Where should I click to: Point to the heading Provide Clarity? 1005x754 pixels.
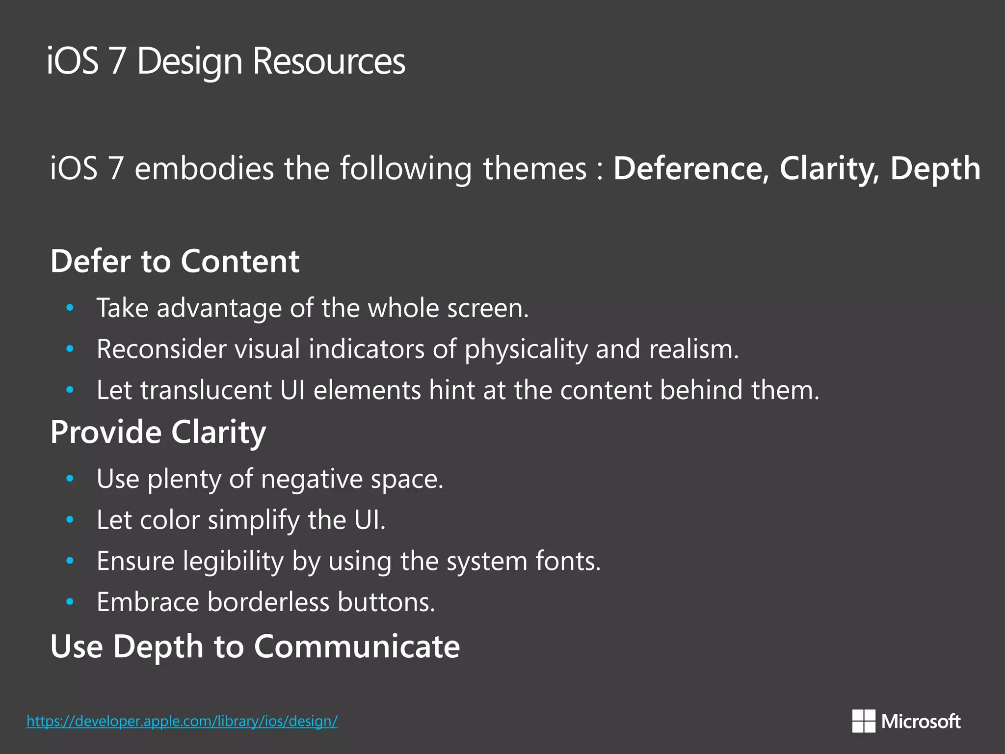pos(158,432)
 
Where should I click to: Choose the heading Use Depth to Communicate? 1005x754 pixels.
pos(255,646)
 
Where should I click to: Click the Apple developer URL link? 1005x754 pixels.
pos(182,721)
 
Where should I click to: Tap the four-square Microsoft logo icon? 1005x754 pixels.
pos(864,721)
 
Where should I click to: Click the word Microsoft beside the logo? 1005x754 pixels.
pos(921,721)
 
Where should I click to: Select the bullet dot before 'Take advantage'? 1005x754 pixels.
pos(70,308)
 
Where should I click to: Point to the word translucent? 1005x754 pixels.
pos(206,390)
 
